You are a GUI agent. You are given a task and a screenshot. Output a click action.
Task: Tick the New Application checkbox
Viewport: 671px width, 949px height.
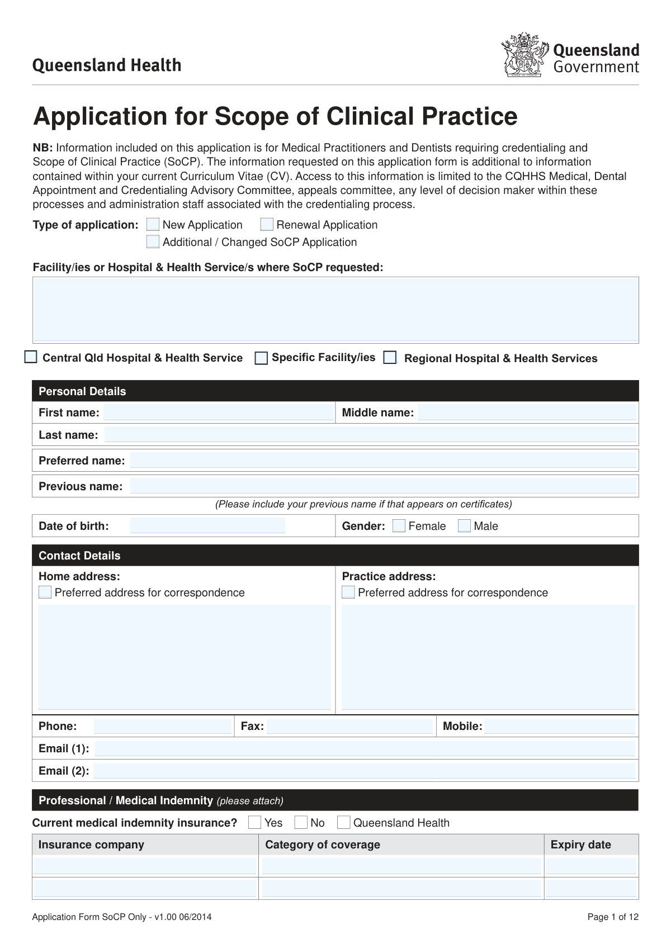pyautogui.click(x=153, y=225)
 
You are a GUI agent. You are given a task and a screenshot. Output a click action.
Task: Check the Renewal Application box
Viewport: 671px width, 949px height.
pyautogui.click(x=267, y=225)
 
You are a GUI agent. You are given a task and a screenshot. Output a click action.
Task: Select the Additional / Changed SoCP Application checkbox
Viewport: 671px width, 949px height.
pyautogui.click(x=153, y=242)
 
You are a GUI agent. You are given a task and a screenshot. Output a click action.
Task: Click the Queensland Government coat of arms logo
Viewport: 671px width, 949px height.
pyautogui.click(x=524, y=55)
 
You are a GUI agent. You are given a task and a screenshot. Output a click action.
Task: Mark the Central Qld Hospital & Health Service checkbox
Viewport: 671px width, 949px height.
pyautogui.click(x=31, y=357)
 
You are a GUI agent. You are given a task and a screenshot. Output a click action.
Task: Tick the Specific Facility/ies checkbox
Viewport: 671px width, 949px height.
pyautogui.click(x=261, y=358)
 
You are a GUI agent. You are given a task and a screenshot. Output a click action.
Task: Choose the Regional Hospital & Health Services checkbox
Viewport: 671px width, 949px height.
pyautogui.click(x=390, y=358)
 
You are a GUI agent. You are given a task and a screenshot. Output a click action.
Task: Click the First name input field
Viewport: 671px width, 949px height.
pyautogui.click(x=218, y=413)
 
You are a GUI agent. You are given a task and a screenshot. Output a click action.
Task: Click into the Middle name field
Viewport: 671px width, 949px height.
pyautogui.click(x=527, y=413)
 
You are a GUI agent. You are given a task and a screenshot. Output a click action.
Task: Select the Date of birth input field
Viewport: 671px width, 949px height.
pyautogui.click(x=207, y=526)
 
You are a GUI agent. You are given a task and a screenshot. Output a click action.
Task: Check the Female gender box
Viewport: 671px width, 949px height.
pyautogui.click(x=399, y=526)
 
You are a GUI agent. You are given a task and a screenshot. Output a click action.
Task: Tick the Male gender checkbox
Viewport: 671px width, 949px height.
pyautogui.click(x=464, y=526)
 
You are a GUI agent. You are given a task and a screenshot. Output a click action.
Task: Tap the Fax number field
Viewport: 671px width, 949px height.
pyautogui.click(x=349, y=727)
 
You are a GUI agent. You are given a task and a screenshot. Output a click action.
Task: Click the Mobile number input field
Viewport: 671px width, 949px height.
pyautogui.click(x=560, y=727)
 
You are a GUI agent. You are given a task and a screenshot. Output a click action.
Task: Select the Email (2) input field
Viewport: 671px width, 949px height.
pyautogui.click(x=365, y=771)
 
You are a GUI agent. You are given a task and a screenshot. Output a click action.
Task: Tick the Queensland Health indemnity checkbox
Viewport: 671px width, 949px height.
pyautogui.click(x=344, y=823)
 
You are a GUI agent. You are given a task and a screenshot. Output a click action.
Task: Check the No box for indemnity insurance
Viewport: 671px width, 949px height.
pyautogui.click(x=301, y=823)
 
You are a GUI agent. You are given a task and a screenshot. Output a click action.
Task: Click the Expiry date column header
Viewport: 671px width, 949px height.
pyautogui.click(x=580, y=844)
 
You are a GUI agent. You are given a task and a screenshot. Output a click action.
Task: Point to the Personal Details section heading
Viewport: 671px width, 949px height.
pyautogui.click(x=82, y=391)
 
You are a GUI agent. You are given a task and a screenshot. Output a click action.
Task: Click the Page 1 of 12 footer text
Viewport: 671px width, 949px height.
pyautogui.click(x=612, y=917)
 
